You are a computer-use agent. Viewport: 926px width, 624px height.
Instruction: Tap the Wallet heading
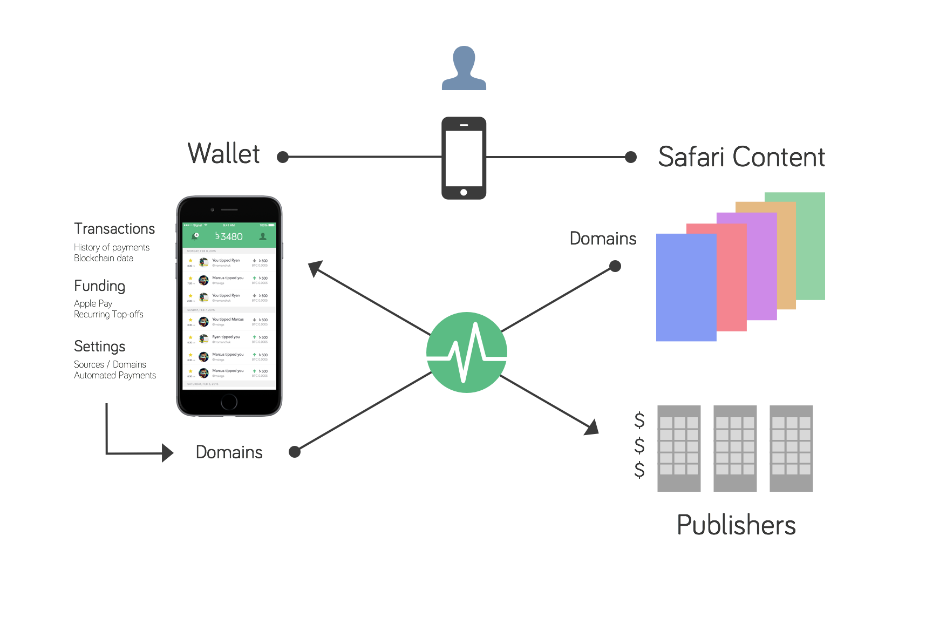(x=224, y=154)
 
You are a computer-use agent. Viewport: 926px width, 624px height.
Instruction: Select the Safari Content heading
(x=741, y=157)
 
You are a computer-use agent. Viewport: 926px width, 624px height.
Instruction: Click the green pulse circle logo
(x=467, y=352)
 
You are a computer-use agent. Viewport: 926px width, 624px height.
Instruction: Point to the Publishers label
(x=737, y=525)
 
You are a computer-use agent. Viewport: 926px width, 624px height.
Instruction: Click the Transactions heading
(x=114, y=229)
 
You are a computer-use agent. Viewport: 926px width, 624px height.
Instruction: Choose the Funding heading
(x=100, y=286)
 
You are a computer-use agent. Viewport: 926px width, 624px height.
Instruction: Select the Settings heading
(x=100, y=346)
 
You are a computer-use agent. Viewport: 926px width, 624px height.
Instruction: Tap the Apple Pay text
(x=93, y=303)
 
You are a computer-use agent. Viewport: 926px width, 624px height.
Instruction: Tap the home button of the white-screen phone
(x=229, y=402)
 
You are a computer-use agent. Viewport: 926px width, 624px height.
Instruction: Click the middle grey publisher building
(x=735, y=448)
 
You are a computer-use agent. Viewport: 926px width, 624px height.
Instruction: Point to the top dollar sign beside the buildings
(x=639, y=419)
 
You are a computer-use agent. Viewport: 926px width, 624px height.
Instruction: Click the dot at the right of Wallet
(x=283, y=157)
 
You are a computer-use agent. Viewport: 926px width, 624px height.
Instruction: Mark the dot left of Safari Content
(x=630, y=157)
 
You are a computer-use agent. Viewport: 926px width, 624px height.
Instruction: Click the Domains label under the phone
(x=229, y=452)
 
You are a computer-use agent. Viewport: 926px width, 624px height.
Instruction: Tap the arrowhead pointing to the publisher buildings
(x=593, y=427)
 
